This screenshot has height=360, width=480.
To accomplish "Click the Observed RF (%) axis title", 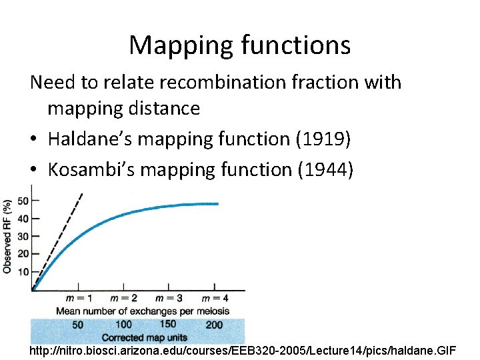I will coord(7,236).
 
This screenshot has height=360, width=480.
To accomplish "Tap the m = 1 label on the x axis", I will coord(79,298).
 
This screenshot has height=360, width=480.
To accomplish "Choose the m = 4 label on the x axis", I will coord(215,298).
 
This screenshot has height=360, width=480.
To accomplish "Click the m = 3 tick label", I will coord(169,298).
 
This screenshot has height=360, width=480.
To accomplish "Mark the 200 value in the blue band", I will coord(214,325).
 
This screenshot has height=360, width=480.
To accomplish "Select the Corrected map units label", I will coord(143,337).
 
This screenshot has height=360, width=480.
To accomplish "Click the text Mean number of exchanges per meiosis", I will coord(143,311).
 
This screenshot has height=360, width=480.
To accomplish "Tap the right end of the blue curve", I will coord(217,204).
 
